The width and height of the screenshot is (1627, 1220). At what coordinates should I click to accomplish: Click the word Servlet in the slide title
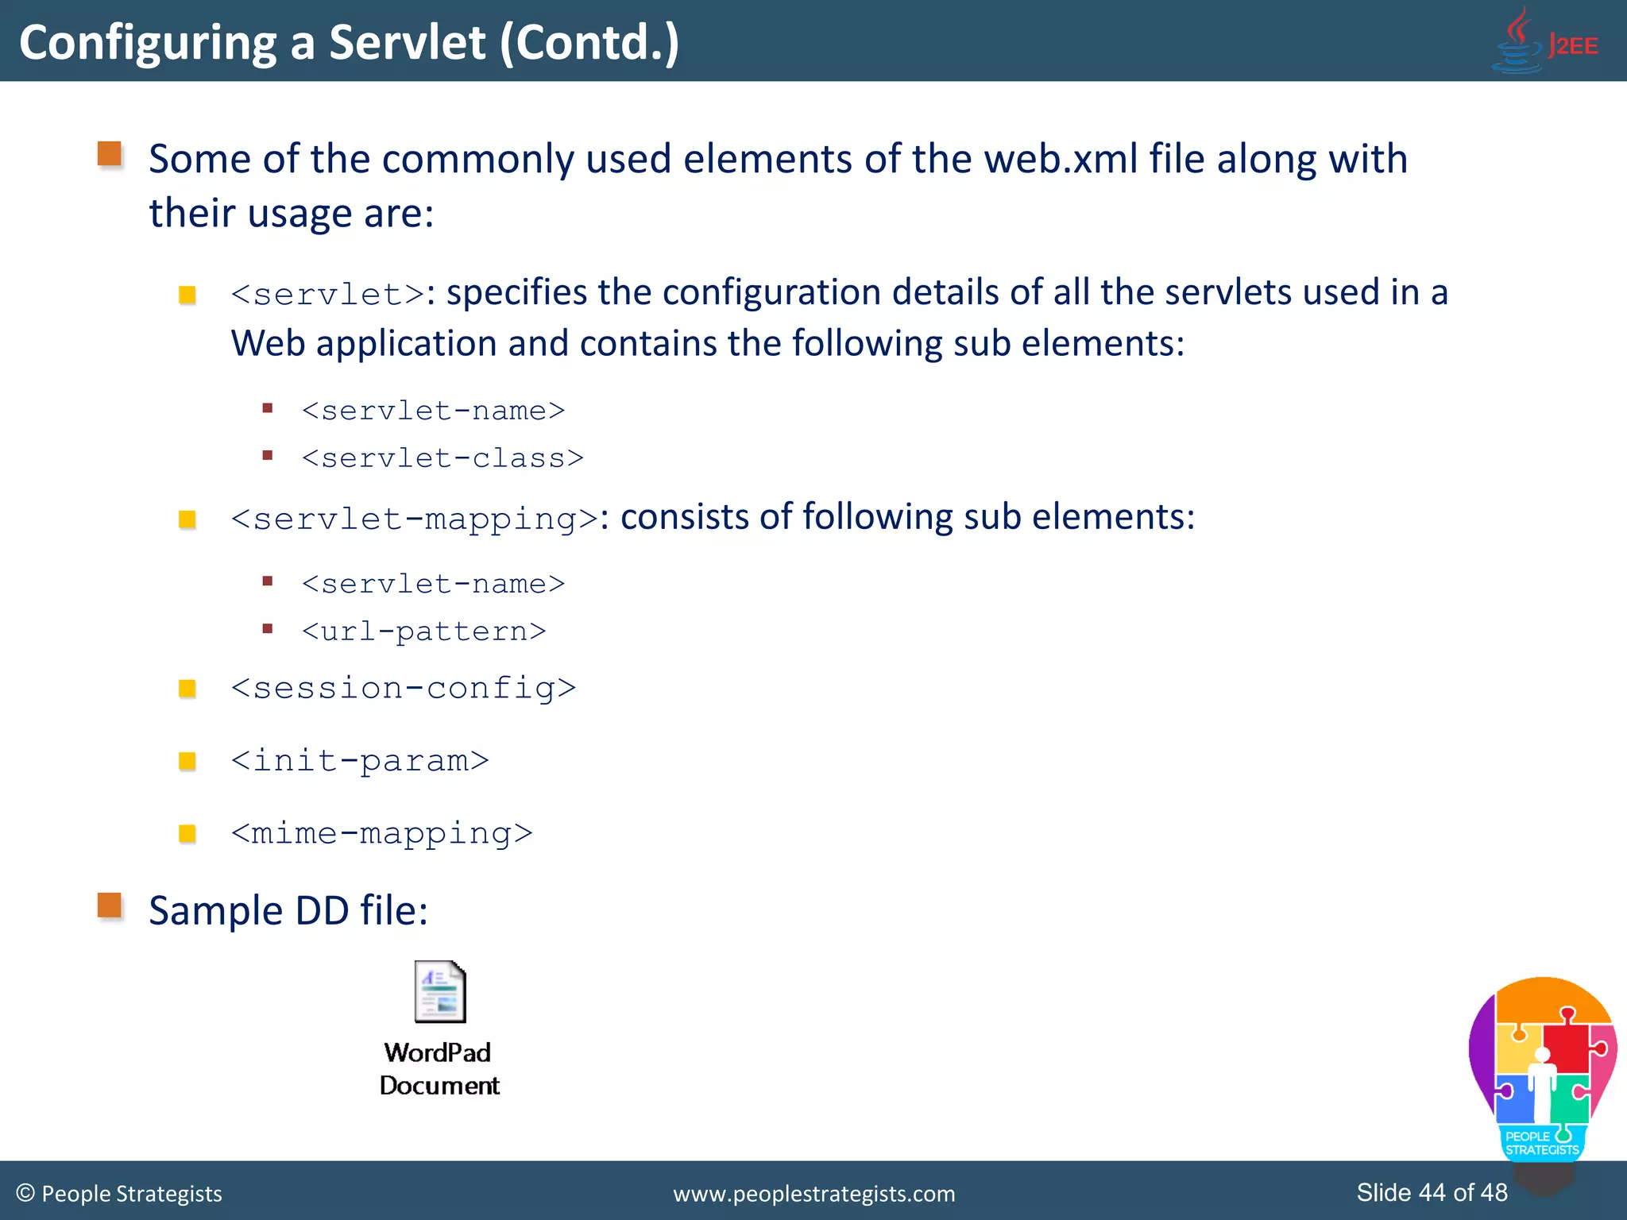click(407, 43)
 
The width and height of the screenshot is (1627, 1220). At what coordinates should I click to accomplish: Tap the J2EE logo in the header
click(1545, 41)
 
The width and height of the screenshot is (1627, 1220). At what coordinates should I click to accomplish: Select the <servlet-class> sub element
click(442, 458)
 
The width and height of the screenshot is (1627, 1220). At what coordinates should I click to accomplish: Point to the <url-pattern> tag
click(423, 631)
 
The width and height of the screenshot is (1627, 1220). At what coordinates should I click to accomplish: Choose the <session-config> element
click(403, 688)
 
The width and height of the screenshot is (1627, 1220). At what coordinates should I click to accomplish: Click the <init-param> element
click(359, 761)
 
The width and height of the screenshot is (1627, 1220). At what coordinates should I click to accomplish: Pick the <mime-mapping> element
click(381, 833)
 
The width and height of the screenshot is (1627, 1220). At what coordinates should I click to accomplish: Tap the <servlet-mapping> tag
click(414, 519)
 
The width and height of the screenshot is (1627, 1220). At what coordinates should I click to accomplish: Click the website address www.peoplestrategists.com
click(813, 1194)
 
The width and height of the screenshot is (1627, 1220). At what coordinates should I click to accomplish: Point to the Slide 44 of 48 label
click(1432, 1192)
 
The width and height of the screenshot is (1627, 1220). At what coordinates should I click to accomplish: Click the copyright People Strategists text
click(119, 1194)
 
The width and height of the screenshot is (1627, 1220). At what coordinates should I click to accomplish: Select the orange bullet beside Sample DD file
click(110, 905)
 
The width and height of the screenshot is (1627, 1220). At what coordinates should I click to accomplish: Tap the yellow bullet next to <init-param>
click(187, 761)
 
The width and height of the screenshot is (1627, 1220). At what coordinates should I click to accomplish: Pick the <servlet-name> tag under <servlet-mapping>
click(433, 584)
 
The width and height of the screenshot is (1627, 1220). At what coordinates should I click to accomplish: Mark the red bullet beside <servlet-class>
click(268, 456)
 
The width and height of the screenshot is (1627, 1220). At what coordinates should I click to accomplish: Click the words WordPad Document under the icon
click(439, 1069)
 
